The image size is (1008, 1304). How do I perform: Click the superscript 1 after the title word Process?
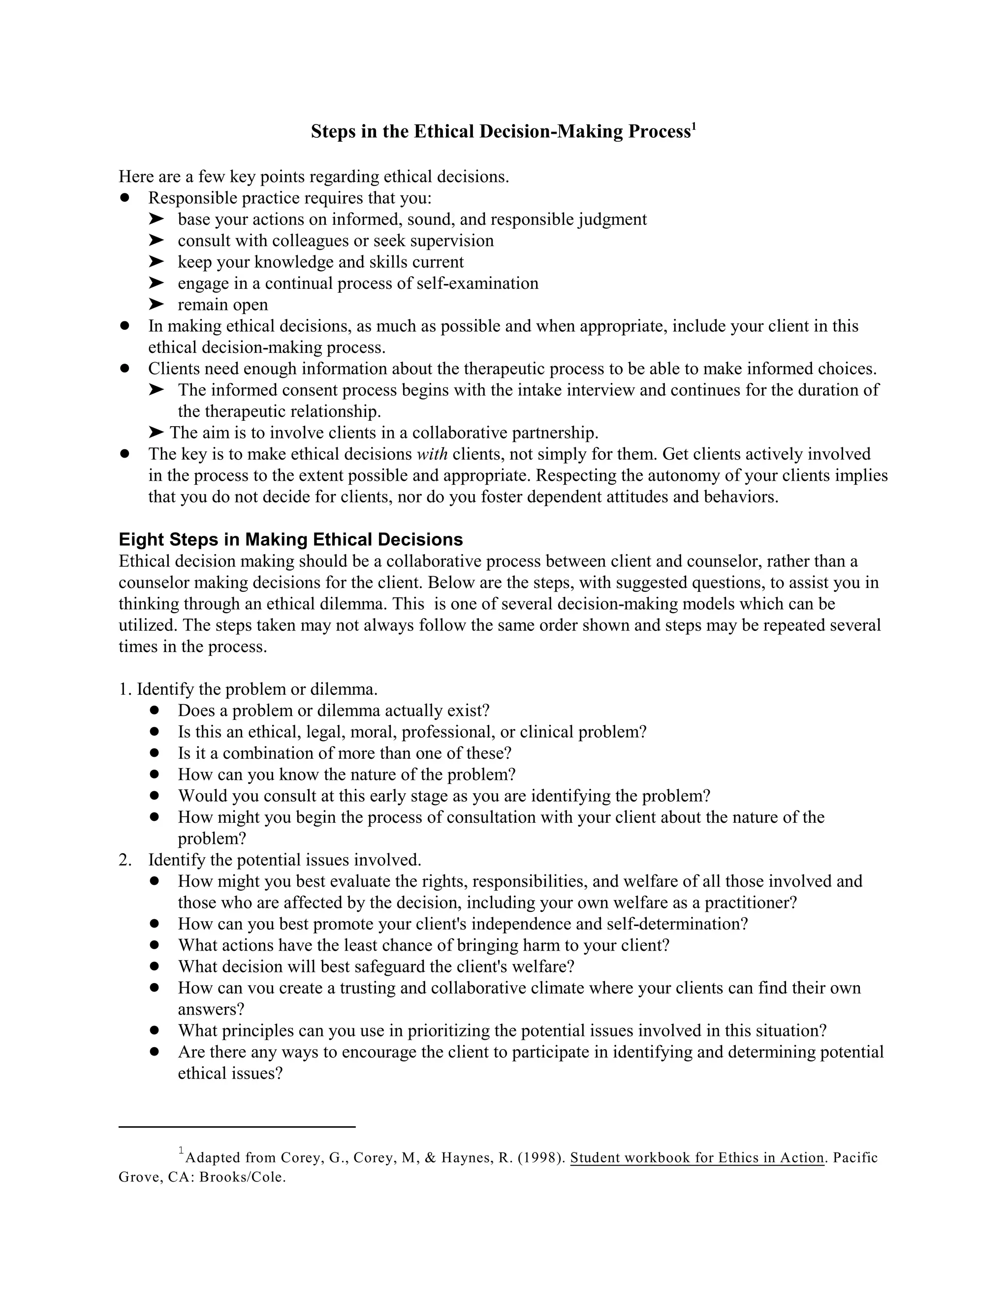click(x=694, y=126)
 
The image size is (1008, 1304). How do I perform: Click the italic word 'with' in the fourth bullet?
click(x=432, y=454)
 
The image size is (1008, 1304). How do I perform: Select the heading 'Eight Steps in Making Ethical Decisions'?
click(x=291, y=539)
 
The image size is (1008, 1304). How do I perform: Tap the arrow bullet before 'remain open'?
click(x=156, y=304)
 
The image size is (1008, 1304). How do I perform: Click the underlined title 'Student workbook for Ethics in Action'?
click(x=697, y=1158)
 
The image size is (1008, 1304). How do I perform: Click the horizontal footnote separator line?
click(x=237, y=1127)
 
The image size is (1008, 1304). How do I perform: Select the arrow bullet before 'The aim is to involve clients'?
click(x=156, y=432)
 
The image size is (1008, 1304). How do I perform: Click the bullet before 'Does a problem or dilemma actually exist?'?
click(x=155, y=711)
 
